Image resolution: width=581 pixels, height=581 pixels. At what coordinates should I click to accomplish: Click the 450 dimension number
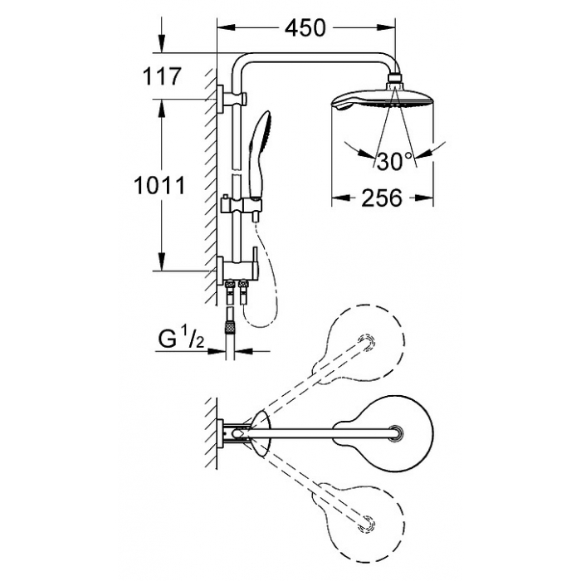coord(305,27)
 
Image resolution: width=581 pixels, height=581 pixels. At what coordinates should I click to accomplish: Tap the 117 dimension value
coord(162,76)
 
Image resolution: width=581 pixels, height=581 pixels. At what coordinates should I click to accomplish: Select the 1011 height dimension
coord(159,185)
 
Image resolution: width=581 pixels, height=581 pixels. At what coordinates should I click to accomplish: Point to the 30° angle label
coord(394,161)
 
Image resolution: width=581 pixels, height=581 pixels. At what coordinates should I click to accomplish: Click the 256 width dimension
coord(382,198)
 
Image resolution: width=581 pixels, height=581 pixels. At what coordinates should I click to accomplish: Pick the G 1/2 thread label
coord(181,339)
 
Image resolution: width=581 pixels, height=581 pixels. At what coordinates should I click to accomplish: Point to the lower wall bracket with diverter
coord(238,270)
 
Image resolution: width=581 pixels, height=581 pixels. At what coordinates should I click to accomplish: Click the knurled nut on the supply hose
coord(231,327)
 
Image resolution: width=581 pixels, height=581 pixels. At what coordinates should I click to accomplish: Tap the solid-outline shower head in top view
coord(383,433)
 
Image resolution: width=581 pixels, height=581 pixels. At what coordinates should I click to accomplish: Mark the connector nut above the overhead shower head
coord(395,79)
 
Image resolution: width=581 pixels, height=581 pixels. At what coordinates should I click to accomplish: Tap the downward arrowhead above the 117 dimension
coord(161,44)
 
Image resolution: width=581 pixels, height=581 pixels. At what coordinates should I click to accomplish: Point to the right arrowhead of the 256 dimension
coord(424,198)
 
